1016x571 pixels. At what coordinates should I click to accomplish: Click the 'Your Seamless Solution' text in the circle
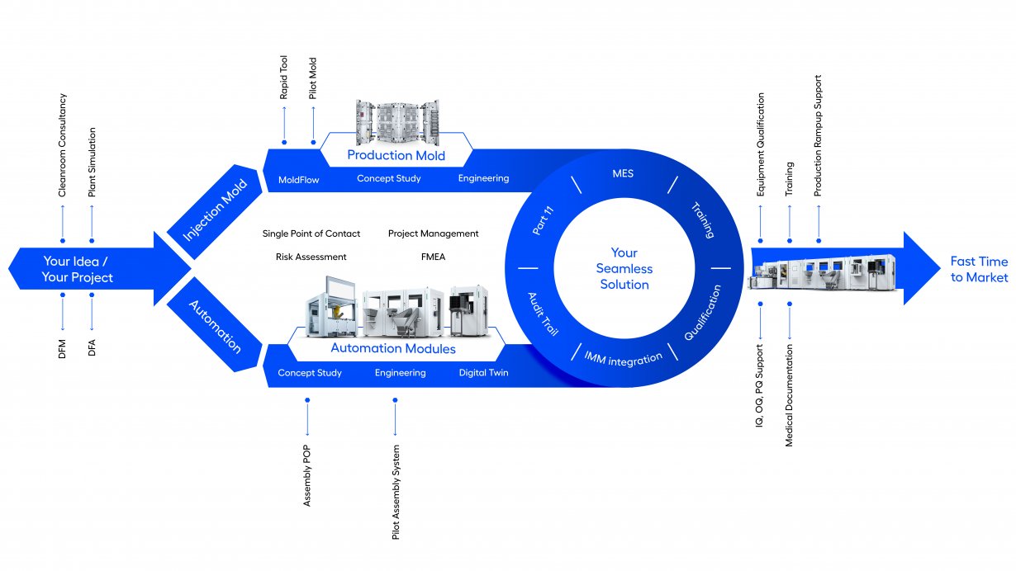(624, 268)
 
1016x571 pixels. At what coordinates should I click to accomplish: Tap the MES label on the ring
(623, 173)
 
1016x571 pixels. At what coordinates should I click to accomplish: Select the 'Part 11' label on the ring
(543, 220)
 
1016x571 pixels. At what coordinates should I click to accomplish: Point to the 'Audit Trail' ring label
(543, 314)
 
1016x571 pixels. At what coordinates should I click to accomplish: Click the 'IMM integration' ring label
(623, 359)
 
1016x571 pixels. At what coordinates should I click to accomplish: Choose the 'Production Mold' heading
(396, 155)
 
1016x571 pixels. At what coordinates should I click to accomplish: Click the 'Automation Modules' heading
(393, 348)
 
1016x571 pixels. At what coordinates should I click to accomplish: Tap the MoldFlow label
(298, 180)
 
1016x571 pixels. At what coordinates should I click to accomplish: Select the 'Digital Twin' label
(483, 372)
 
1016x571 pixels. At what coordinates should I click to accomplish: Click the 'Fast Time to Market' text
(980, 269)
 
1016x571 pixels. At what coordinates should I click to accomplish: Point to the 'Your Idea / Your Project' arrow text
(77, 269)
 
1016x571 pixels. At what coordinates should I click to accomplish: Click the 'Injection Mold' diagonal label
(215, 210)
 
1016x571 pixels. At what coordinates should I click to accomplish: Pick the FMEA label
(433, 257)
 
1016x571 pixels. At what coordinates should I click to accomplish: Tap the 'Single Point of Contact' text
(311, 234)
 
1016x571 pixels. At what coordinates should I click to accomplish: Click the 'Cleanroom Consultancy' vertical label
(62, 145)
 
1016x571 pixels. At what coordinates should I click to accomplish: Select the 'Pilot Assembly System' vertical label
(396, 492)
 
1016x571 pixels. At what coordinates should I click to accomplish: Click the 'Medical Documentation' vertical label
(789, 395)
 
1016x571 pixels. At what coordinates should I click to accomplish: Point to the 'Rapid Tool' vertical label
(283, 77)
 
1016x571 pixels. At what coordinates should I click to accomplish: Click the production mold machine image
(397, 122)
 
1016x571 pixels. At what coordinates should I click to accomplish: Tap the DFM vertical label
(62, 349)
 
